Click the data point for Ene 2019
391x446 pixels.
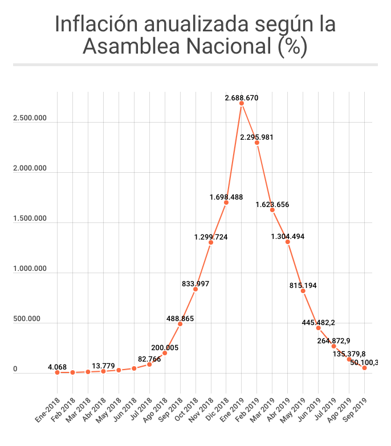coord(242,103)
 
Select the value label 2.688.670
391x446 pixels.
coord(242,98)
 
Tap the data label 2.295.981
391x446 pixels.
coord(257,137)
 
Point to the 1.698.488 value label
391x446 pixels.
coord(226,197)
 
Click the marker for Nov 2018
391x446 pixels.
coord(211,242)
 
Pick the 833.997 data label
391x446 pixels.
coord(195,283)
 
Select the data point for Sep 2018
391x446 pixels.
coord(180,324)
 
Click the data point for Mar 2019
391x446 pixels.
coord(272,210)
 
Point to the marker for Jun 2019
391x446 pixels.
coord(319,328)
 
